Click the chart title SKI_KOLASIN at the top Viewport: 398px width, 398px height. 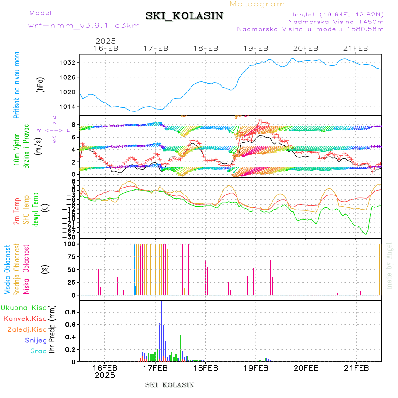coord(184,16)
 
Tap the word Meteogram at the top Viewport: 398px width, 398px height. coord(258,4)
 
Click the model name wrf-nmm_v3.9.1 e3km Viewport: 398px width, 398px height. coord(84,25)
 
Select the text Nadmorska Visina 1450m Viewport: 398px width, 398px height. coord(336,21)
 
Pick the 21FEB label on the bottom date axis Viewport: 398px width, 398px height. coord(356,367)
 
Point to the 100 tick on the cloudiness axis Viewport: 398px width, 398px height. coord(71,244)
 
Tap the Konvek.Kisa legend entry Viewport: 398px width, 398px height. coord(25,318)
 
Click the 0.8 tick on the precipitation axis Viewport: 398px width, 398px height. coord(70,312)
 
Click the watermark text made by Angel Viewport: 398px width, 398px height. coord(390,265)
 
